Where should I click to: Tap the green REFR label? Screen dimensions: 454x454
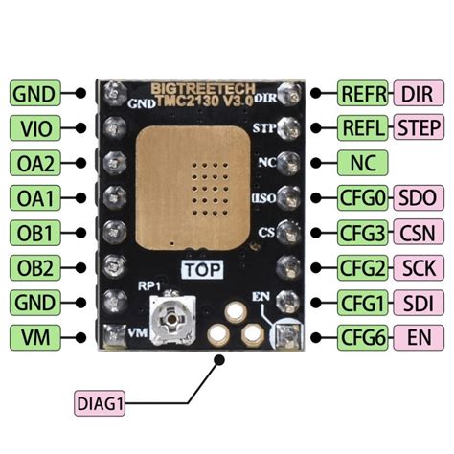click(363, 93)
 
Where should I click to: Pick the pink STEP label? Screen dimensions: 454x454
click(419, 127)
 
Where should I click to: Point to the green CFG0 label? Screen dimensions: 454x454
click(363, 197)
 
